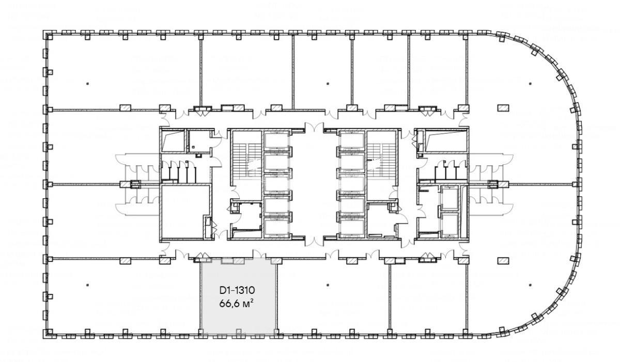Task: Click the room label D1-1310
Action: [237, 291]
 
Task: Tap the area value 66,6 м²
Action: [237, 304]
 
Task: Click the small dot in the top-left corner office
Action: [87, 84]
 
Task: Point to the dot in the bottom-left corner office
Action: [87, 285]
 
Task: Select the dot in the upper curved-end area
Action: [530, 84]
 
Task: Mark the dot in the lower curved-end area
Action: [530, 285]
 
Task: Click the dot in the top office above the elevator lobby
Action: [328, 84]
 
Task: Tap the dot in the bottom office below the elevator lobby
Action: [328, 285]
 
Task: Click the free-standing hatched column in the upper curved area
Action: [503, 108]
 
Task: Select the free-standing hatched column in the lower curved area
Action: [503, 261]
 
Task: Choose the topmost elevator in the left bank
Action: [277, 140]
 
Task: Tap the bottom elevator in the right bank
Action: [352, 227]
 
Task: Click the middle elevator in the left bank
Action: [277, 184]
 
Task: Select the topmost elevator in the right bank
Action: [352, 140]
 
